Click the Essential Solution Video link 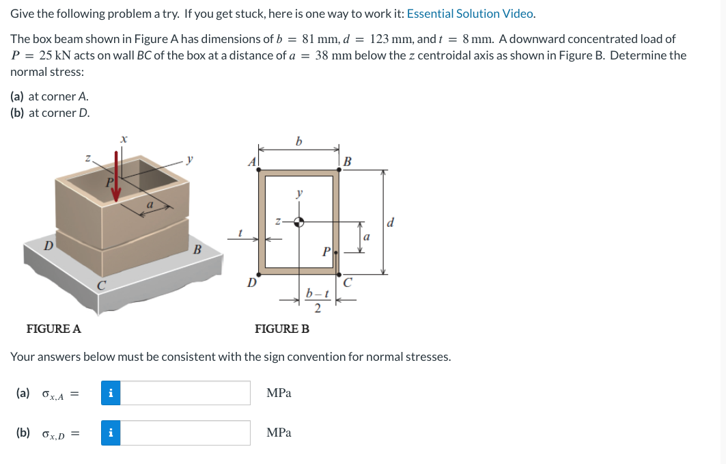pyautogui.click(x=471, y=14)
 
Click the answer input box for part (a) pyautogui.click(x=185, y=393)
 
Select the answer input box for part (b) pyautogui.click(x=185, y=433)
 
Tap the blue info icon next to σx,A pyautogui.click(x=111, y=393)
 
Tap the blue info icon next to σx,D pyautogui.click(x=111, y=433)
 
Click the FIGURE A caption pyautogui.click(x=53, y=329)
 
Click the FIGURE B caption pyautogui.click(x=281, y=329)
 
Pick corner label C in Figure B pyautogui.click(x=348, y=281)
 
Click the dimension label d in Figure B pyautogui.click(x=390, y=222)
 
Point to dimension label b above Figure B pyautogui.click(x=298, y=141)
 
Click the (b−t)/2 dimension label pyautogui.click(x=317, y=300)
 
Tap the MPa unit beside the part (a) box pyautogui.click(x=279, y=393)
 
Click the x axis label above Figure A pyautogui.click(x=123, y=138)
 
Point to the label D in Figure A pyautogui.click(x=48, y=245)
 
